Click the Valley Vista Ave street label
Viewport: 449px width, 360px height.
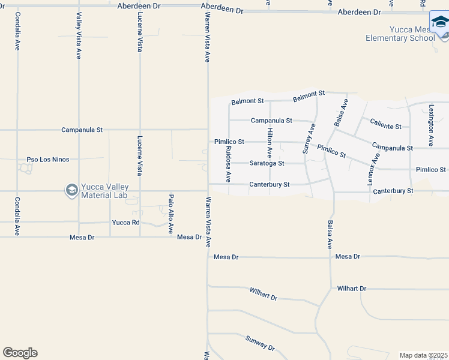click(79, 36)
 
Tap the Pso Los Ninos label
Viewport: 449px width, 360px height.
click(48, 160)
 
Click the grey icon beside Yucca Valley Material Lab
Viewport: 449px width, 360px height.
click(71, 191)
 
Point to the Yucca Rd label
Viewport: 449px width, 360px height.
click(125, 223)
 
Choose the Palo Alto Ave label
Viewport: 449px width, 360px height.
click(170, 214)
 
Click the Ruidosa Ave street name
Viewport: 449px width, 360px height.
click(228, 164)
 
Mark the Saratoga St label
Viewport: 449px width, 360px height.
click(267, 163)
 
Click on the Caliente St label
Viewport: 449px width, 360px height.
click(385, 126)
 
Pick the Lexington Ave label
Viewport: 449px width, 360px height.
click(430, 122)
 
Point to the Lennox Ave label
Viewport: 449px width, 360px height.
click(376, 168)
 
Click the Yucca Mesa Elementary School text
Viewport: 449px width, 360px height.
click(400, 34)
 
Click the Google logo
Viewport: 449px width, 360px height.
click(20, 353)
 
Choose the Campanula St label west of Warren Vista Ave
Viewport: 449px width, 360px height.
click(82, 130)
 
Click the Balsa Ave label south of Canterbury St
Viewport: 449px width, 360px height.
click(330, 235)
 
